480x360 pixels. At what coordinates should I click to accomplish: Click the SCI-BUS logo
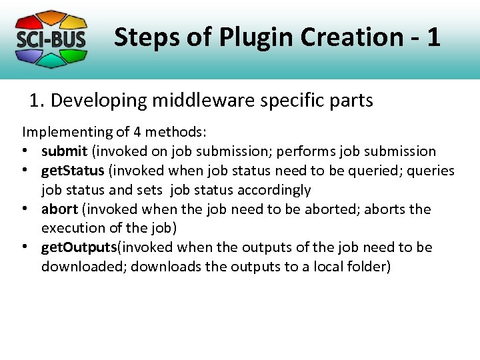pos(51,39)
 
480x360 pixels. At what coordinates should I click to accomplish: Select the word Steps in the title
pos(145,37)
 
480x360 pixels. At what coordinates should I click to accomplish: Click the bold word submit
pos(64,151)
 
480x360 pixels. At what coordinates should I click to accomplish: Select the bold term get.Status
pos(73,171)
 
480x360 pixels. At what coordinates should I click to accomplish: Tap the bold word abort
pos(60,209)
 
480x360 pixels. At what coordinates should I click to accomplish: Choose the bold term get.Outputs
pos(79,247)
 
